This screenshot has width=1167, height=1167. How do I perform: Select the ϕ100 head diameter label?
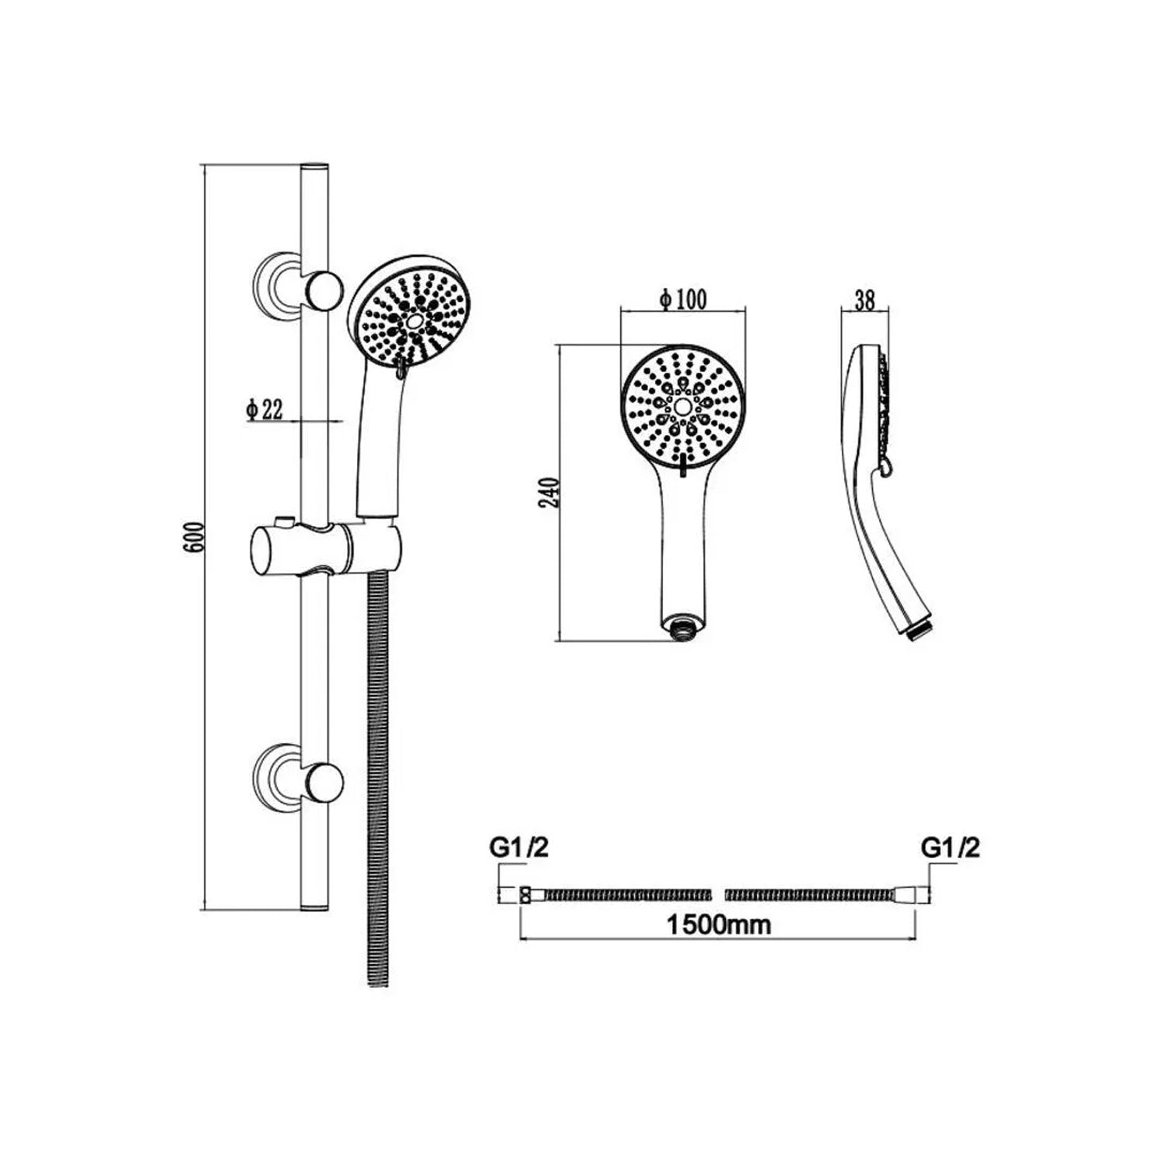pos(682,300)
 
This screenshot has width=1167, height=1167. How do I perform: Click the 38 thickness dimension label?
pos(864,301)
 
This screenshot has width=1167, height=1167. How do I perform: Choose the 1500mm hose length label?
pos(720,925)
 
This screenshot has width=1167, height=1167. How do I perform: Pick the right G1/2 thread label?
pos(951,849)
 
